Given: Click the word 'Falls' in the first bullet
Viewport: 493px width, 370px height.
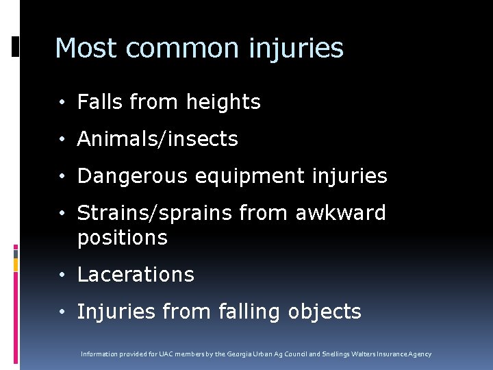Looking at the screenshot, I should pyautogui.click(x=97, y=102).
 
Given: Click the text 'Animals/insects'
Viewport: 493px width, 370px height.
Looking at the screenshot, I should pyautogui.click(x=157, y=139).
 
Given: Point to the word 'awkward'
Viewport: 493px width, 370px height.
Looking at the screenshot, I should pyautogui.click(x=341, y=213).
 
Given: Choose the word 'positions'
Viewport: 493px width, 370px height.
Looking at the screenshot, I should pyautogui.click(x=122, y=238).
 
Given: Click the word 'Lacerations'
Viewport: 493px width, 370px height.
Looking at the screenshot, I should pyautogui.click(x=136, y=275).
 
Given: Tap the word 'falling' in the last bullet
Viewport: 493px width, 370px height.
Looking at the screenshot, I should pyautogui.click(x=249, y=312).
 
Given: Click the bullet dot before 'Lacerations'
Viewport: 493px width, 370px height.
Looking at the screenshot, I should pyautogui.click(x=62, y=275).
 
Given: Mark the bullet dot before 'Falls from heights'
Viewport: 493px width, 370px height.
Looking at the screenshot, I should pyautogui.click(x=62, y=103).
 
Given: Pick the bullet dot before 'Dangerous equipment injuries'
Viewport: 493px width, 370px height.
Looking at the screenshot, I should pyautogui.click(x=62, y=177).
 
